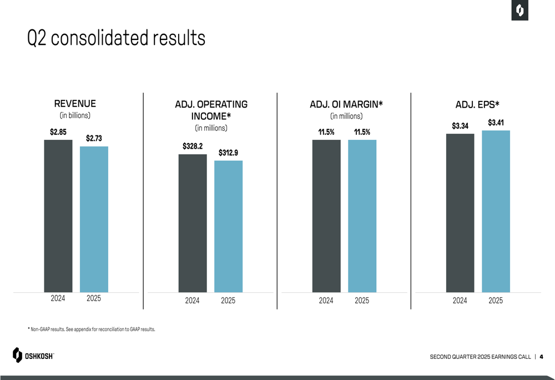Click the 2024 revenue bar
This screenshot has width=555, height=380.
[58, 216]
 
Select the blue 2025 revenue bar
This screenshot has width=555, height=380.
[94, 219]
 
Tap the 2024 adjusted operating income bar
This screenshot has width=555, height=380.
[192, 223]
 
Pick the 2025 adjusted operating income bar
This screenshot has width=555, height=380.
[228, 226]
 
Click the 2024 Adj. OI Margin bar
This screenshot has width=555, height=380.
[326, 216]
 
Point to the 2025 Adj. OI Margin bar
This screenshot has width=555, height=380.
[362, 216]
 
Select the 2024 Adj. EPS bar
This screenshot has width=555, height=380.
[460, 213]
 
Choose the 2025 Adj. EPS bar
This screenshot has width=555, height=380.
[496, 211]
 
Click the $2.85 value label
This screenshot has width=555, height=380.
[58, 132]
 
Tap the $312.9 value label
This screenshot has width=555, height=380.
[228, 153]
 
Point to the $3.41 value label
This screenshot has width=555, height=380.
[496, 123]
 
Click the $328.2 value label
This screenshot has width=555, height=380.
[192, 146]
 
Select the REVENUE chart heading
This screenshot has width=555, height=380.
[75, 104]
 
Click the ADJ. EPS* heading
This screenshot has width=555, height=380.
[477, 104]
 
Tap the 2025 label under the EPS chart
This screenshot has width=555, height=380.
[496, 300]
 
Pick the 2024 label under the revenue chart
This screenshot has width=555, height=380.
[58, 298]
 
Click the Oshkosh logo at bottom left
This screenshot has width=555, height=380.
[33, 355]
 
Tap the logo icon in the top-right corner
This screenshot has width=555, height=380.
[520, 11]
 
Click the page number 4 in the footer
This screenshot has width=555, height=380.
[541, 356]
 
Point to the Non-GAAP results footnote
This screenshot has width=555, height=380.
[92, 330]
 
